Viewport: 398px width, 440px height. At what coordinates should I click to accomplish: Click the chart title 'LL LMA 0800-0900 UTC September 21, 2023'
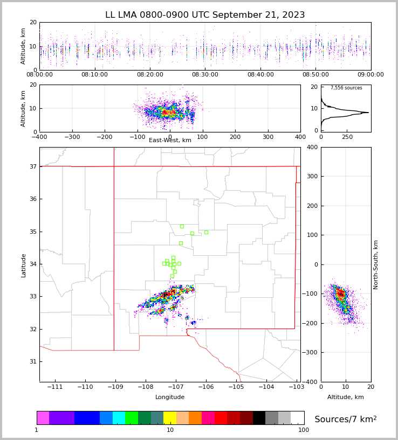coord(205,15)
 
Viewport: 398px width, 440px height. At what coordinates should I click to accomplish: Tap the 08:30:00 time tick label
coord(205,75)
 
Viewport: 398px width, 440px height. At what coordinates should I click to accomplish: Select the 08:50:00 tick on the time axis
coord(315,75)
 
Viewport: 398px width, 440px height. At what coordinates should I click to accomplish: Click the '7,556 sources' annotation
coord(346,88)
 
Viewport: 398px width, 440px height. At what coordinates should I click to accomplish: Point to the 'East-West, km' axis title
coord(170,141)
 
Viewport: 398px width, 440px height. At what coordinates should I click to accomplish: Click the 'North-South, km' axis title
coord(376,264)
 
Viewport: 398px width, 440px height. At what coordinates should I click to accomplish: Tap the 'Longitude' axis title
coord(170,397)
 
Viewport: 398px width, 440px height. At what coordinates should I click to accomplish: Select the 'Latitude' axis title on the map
coord(24,265)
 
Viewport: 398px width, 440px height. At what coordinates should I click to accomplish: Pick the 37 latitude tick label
coord(32,166)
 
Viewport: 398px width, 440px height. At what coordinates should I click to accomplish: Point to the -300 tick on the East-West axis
coord(72,137)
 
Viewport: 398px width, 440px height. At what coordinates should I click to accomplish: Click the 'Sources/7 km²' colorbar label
coord(346,419)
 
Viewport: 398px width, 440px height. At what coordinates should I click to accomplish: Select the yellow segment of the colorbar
coord(170,418)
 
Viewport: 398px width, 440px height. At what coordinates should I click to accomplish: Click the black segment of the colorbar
coord(259,418)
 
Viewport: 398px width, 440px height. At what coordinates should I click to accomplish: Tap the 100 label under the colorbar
coord(304,430)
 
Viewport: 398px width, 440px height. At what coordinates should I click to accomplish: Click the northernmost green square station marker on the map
coord(182,226)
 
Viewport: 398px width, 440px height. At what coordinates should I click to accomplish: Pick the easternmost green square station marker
coord(206,232)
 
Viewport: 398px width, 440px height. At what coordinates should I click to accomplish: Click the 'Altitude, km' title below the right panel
coord(346,397)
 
